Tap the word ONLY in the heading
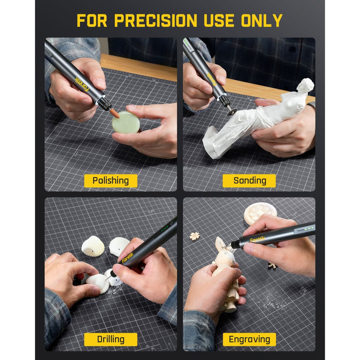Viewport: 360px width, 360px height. [262, 20]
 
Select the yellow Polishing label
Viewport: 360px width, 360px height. [110, 181]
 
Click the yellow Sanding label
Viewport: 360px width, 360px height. [249, 181]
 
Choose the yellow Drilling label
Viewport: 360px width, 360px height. [110, 340]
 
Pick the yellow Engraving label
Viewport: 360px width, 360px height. [249, 340]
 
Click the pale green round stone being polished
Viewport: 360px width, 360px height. [126, 122]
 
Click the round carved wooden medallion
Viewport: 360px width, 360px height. [260, 212]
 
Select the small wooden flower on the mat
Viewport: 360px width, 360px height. [194, 236]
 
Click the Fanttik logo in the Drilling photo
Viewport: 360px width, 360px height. [128, 258]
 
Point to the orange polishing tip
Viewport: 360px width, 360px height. [114, 113]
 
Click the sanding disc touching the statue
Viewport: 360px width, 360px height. [231, 112]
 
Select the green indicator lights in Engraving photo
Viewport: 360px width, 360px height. [304, 229]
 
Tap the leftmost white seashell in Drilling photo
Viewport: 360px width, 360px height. [93, 246]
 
